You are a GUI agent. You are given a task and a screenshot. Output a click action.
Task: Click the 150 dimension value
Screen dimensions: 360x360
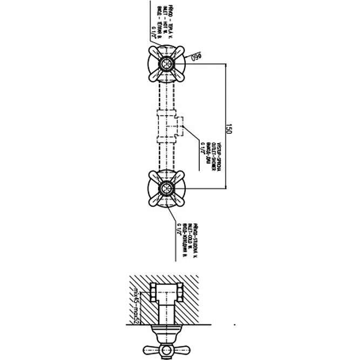[x=228, y=129]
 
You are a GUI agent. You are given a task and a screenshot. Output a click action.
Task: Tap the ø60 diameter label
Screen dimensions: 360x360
[x=193, y=57]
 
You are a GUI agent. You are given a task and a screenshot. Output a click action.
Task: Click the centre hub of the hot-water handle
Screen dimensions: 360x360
[x=165, y=64]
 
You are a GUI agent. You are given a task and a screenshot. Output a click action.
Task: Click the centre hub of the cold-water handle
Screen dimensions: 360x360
[x=165, y=189]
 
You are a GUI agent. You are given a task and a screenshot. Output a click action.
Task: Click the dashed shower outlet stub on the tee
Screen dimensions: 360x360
[x=181, y=125]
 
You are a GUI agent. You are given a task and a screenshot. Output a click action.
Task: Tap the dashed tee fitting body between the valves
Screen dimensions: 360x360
[x=165, y=125]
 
